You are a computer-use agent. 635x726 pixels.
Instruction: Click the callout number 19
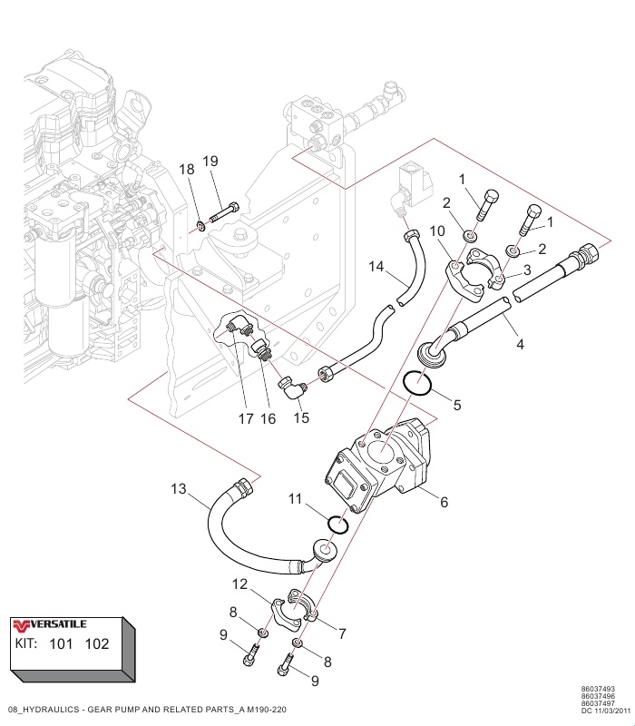pyautogui.click(x=210, y=162)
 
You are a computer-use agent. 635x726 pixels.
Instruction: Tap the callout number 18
pyautogui.click(x=186, y=170)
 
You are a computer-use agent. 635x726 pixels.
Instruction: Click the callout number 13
pyautogui.click(x=178, y=490)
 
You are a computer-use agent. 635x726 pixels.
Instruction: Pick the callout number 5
pyautogui.click(x=457, y=405)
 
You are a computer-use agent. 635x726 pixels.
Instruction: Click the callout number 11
pyautogui.click(x=295, y=498)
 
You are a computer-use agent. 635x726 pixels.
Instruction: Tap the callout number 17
pyautogui.click(x=245, y=419)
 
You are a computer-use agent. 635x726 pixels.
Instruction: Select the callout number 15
pyautogui.click(x=302, y=418)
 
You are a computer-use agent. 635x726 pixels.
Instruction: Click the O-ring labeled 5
pyautogui.click(x=419, y=385)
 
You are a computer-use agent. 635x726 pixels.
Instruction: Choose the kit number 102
pyautogui.click(x=96, y=644)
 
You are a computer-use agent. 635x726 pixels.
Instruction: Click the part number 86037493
pyautogui.click(x=598, y=689)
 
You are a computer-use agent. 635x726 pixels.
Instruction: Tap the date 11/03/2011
pyautogui.click(x=604, y=711)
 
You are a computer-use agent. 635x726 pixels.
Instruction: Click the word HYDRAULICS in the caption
pyautogui.click(x=54, y=709)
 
